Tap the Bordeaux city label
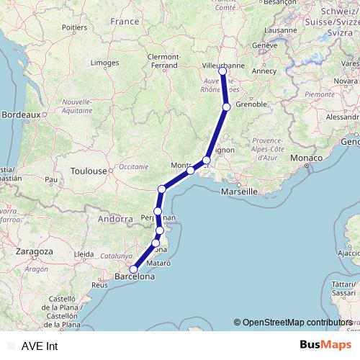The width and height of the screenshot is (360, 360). point(19,114)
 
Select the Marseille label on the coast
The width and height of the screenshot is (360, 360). point(240,192)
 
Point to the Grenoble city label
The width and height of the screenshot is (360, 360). point(251,104)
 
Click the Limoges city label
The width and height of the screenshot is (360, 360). point(104,63)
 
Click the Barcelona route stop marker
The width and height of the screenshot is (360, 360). point(132,269)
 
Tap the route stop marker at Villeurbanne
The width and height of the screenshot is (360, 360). point(222,71)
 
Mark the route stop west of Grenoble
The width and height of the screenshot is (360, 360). point(226,107)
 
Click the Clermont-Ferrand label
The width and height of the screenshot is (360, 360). point(166,60)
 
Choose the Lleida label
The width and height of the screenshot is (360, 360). point(84,254)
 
